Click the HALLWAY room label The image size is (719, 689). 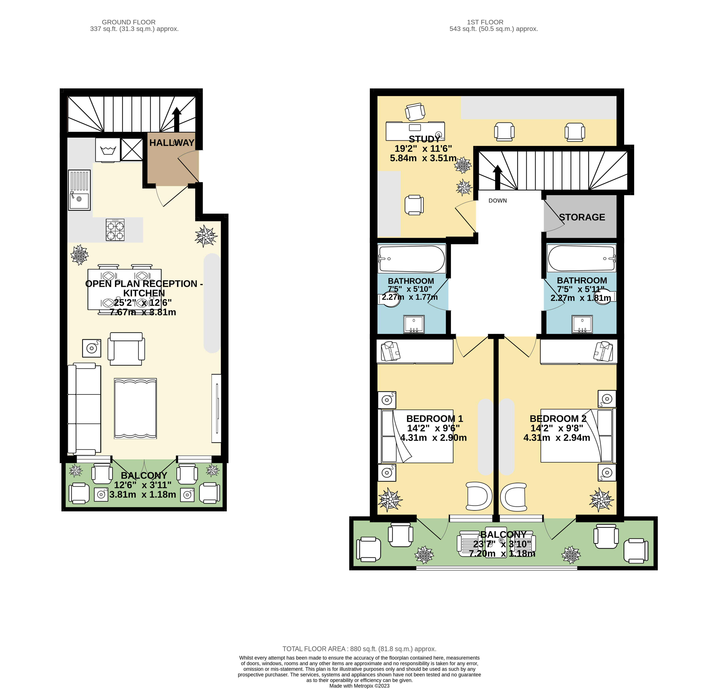(x=172, y=143)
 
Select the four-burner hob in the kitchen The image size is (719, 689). (x=115, y=230)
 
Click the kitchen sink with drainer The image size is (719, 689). (x=79, y=190)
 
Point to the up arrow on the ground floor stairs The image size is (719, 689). (x=177, y=119)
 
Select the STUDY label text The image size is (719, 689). (x=424, y=139)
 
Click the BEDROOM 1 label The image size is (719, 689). (x=435, y=418)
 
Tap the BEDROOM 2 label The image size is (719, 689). (x=558, y=418)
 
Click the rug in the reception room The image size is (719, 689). (x=135, y=408)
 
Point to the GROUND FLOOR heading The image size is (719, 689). (x=129, y=22)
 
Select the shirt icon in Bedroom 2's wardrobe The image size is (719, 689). (x=603, y=351)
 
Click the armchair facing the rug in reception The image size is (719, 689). (x=126, y=349)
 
